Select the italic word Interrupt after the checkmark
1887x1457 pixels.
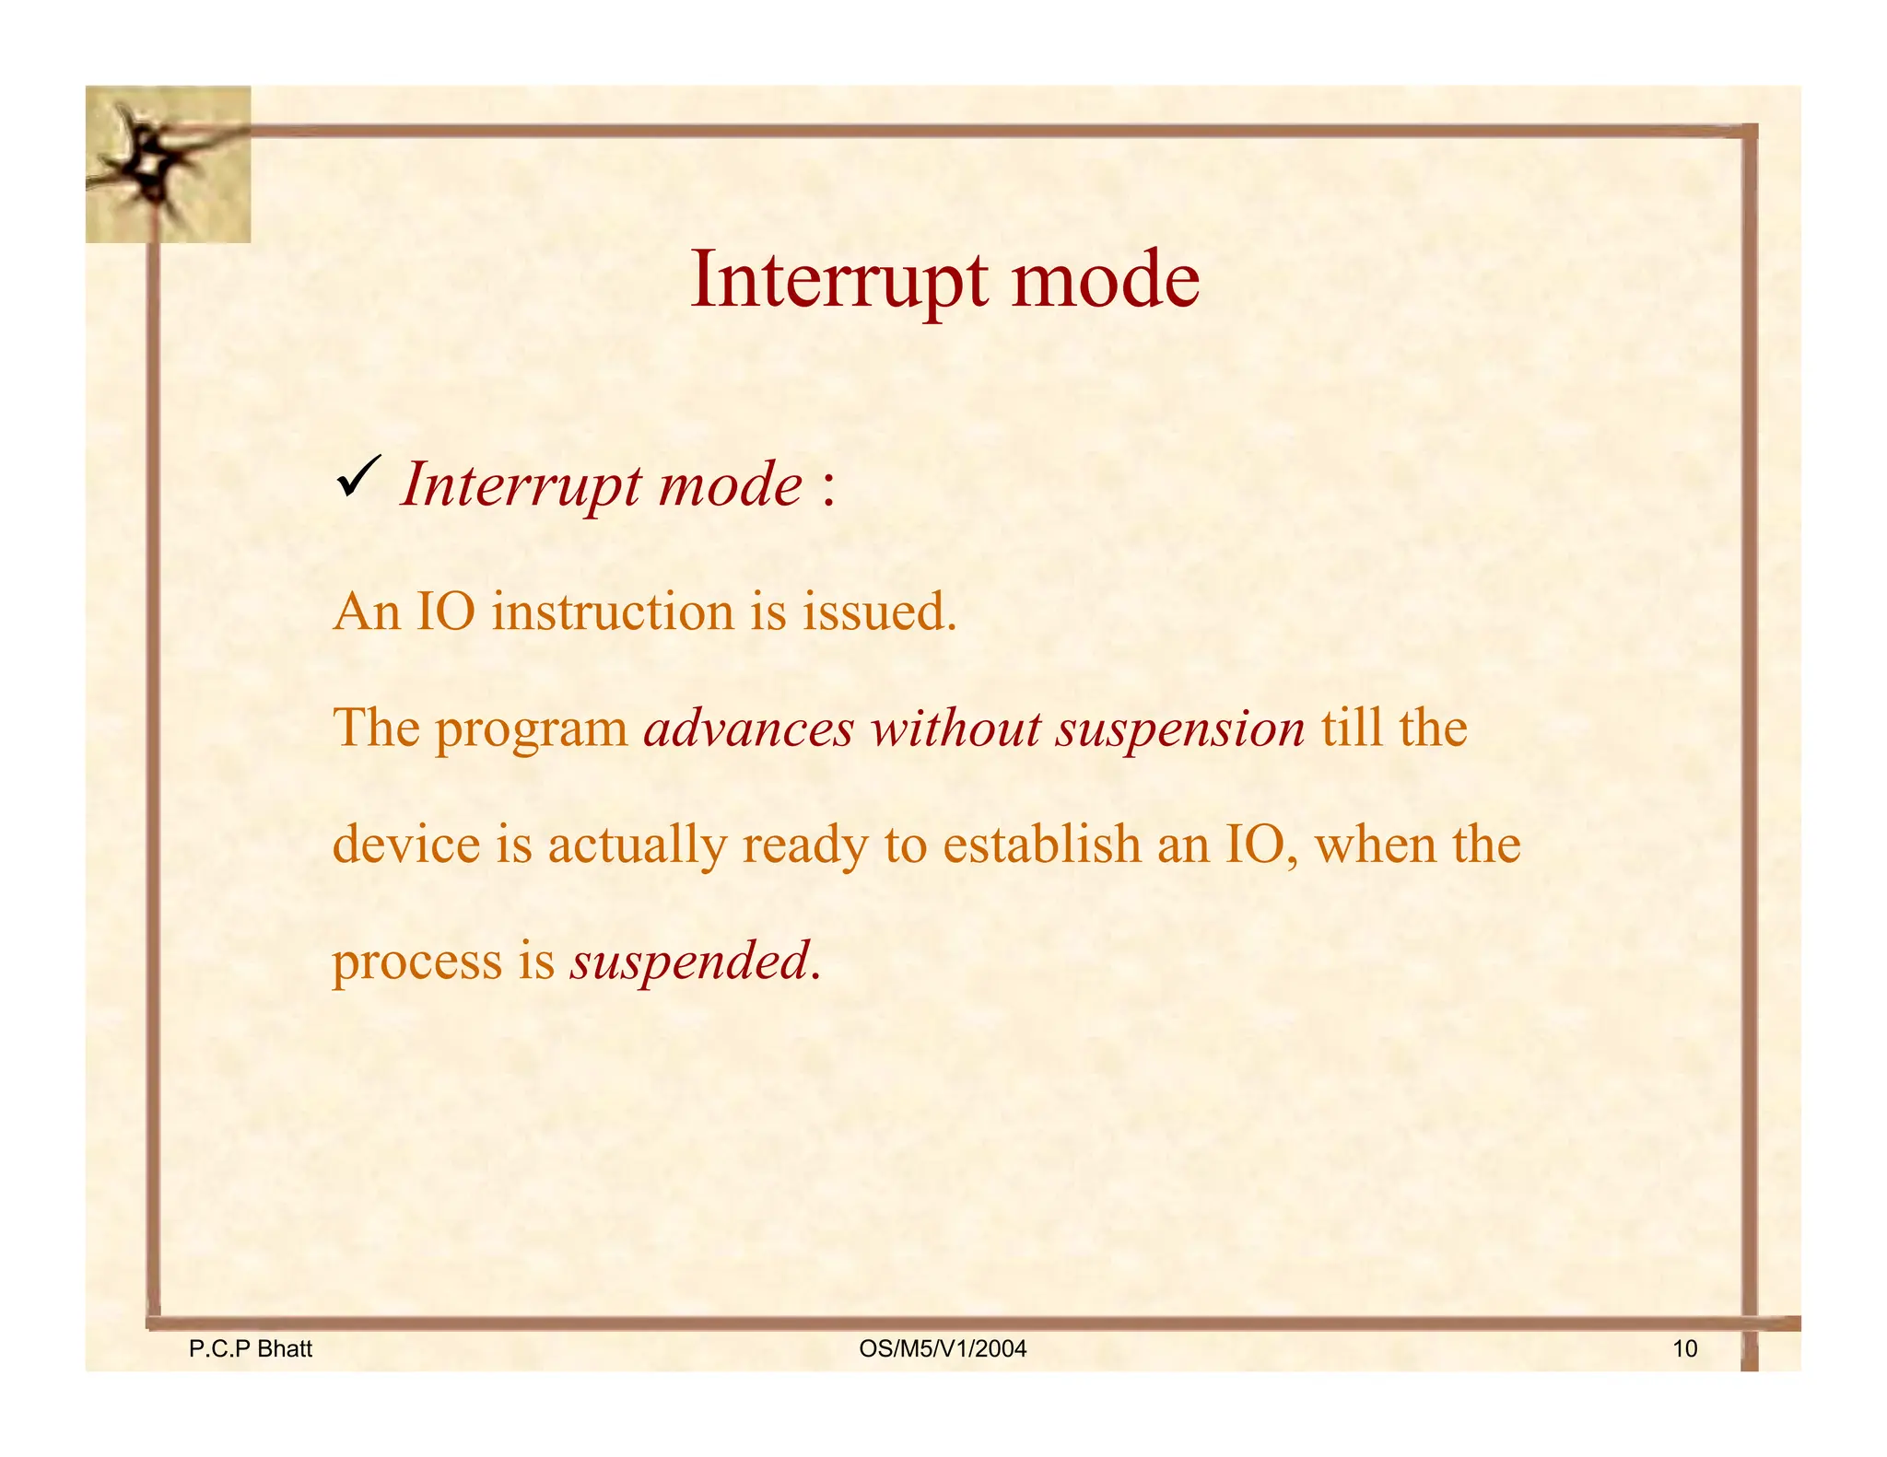point(521,485)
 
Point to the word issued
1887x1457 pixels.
point(879,612)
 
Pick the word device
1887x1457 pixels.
point(406,844)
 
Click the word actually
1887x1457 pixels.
point(637,845)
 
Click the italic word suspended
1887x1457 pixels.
point(690,962)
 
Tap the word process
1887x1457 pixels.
point(416,963)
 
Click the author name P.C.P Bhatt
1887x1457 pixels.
point(250,1349)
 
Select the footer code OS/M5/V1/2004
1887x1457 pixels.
point(942,1349)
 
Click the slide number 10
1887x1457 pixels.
point(1684,1349)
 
